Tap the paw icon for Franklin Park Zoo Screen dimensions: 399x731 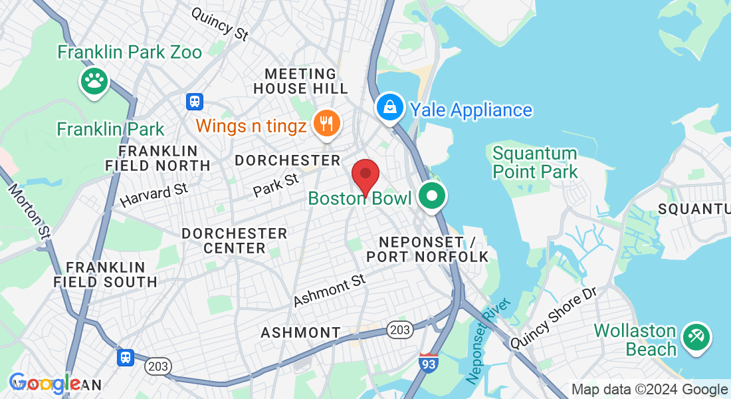[94, 81]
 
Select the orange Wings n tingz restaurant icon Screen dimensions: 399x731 [326, 123]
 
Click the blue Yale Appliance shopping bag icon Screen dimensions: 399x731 [390, 106]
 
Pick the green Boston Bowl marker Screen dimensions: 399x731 [433, 196]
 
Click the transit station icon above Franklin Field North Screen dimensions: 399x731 [194, 101]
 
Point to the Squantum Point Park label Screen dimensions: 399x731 [535, 163]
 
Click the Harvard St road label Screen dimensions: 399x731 [154, 195]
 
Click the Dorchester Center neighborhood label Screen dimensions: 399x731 [234, 241]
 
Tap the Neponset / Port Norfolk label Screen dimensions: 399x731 [427, 249]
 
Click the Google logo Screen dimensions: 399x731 [45, 383]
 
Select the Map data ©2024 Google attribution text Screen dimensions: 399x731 [649, 390]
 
